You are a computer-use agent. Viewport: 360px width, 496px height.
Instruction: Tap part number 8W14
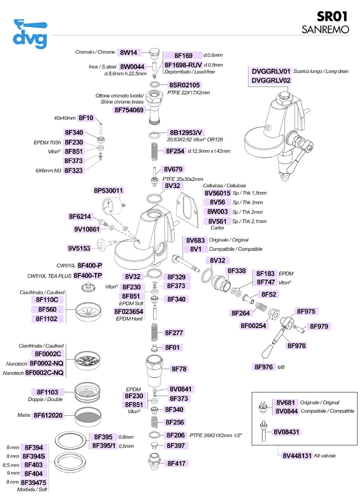128,52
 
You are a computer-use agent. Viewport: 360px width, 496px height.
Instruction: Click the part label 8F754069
129,110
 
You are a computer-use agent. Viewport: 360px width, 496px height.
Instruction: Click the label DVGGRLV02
271,81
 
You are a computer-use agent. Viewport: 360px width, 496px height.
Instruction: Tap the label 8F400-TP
88,275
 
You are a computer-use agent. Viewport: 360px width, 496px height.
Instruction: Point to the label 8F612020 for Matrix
48,415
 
